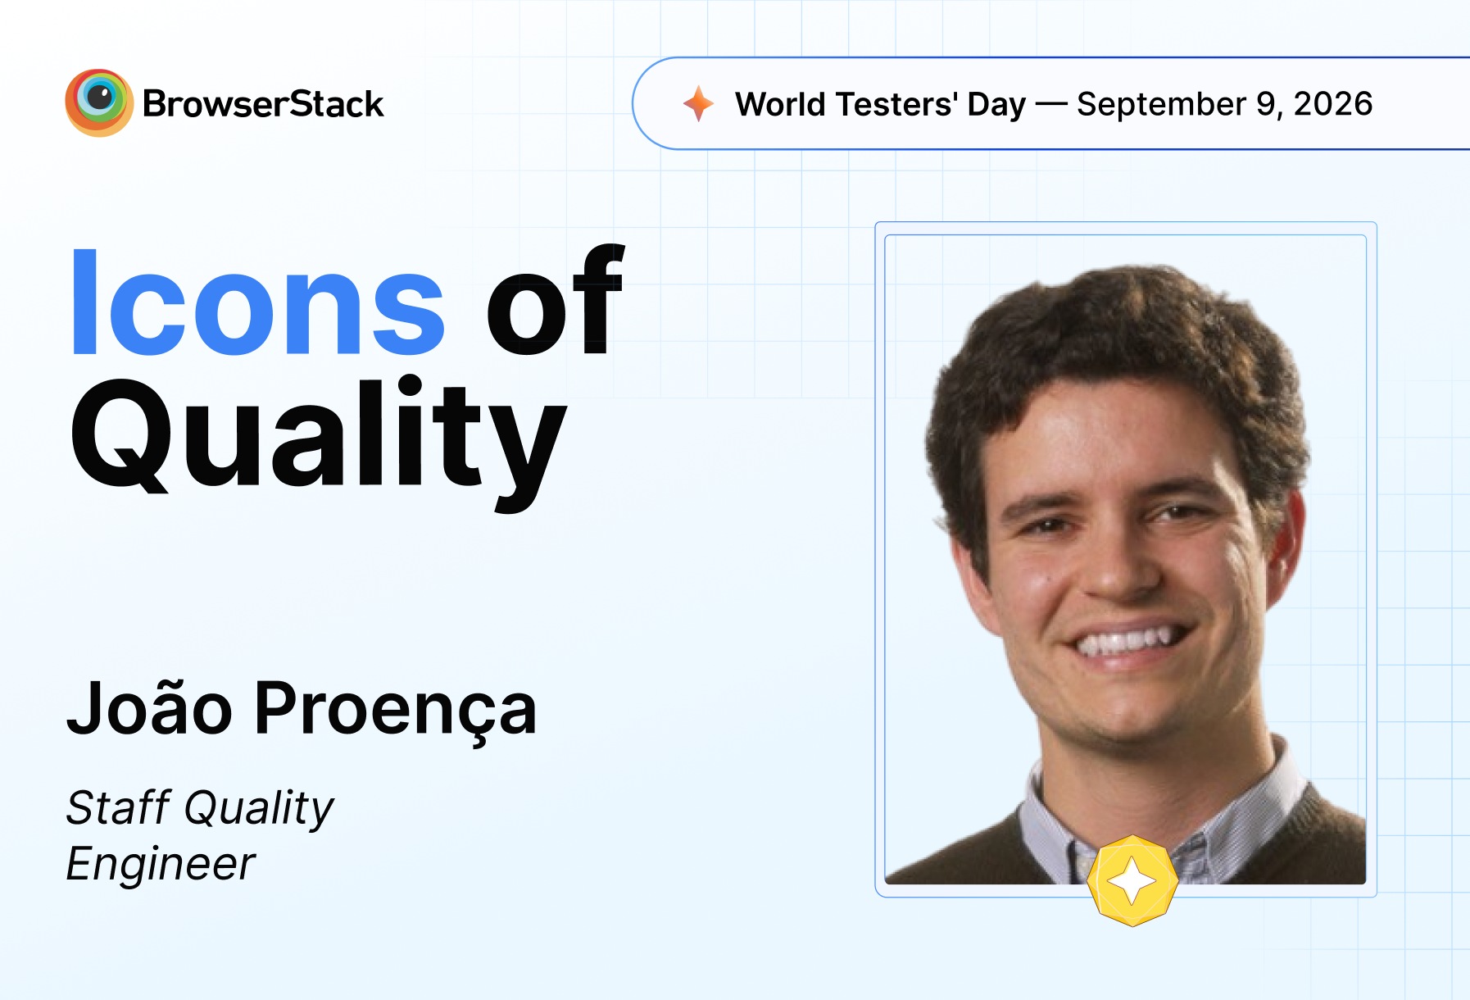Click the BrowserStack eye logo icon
tap(99, 102)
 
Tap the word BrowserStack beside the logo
tap(263, 104)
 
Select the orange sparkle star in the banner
tap(699, 103)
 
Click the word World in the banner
tap(780, 104)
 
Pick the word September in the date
tap(1161, 105)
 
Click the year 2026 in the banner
tap(1333, 104)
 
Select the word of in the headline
tap(556, 300)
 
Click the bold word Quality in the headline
tap(319, 443)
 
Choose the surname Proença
tap(396, 710)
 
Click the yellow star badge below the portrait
tap(1132, 880)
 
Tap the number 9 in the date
tap(1267, 104)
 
